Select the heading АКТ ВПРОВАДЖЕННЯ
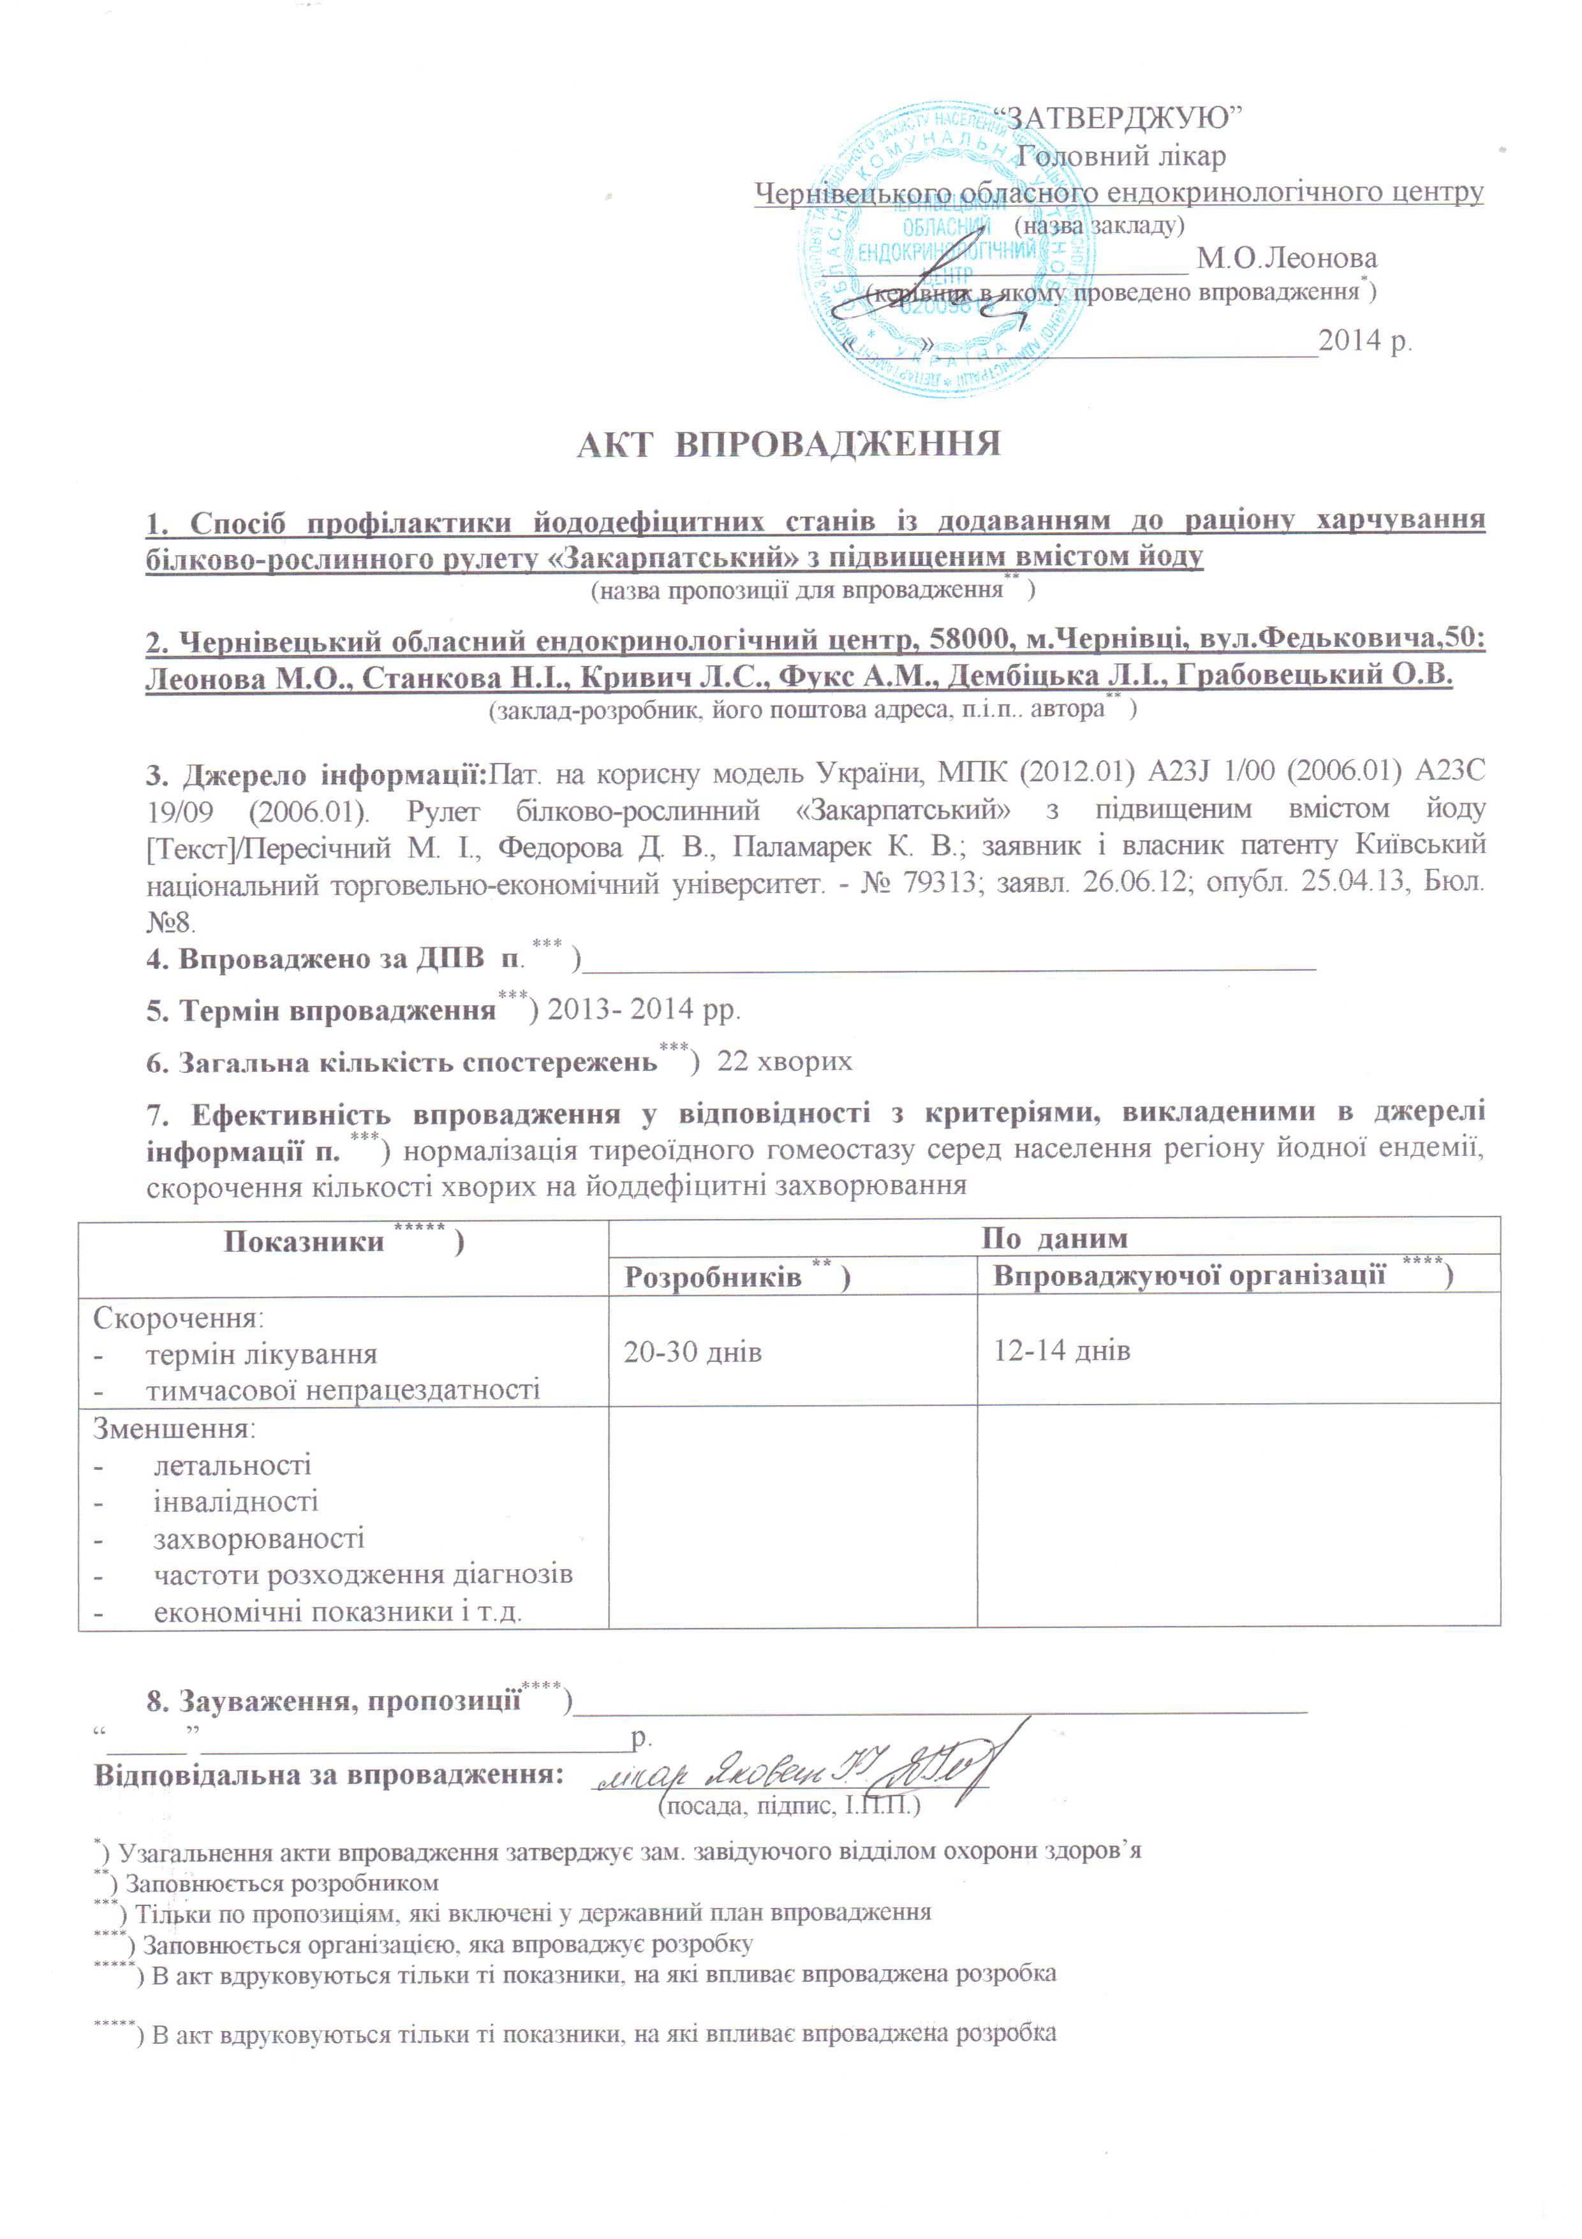coord(789,445)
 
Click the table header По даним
coord(1053,1239)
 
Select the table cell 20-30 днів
coord(693,1352)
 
